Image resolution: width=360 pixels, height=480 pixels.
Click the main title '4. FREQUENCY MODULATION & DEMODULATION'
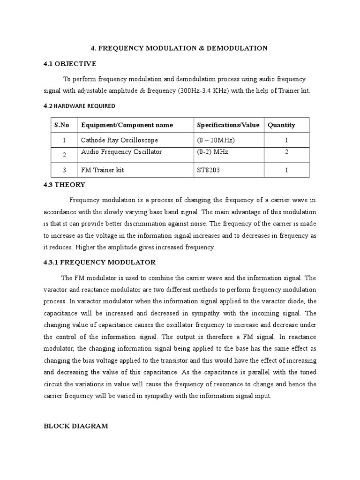pos(179,48)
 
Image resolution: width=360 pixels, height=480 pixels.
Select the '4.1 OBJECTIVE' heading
pos(69,64)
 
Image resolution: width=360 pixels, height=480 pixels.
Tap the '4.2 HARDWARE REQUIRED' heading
pos(79,106)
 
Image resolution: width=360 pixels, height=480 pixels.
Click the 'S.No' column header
pos(62,125)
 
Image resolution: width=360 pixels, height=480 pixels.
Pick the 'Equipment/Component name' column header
pos(127,125)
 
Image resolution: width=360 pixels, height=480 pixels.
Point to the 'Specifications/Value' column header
pos(228,125)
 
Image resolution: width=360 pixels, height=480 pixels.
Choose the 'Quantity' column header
pos(281,125)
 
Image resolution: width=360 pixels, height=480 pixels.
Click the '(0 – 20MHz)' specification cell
pos(216,140)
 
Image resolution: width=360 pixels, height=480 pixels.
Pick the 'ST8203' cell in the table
pos(208,170)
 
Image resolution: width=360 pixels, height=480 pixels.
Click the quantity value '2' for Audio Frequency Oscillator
pos(286,152)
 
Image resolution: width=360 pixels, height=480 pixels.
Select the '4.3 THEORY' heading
pos(64,185)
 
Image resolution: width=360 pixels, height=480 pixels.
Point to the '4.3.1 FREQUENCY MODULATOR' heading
pos(99,262)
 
